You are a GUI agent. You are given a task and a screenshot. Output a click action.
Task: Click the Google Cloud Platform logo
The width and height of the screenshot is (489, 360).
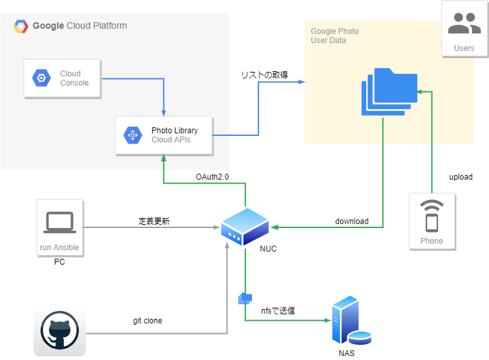[22, 26]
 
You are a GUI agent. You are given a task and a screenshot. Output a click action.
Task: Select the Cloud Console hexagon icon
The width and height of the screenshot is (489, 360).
[41, 78]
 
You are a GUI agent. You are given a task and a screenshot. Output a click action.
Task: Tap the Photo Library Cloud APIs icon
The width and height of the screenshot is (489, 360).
[133, 135]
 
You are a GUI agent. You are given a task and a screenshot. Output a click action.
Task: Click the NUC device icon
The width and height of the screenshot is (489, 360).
[245, 226]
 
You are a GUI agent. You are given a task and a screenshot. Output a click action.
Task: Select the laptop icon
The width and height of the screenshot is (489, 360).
[60, 223]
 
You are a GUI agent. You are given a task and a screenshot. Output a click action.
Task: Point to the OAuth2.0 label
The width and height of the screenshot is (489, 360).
[212, 177]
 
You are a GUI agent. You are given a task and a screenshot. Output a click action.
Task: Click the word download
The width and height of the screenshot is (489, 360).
[352, 221]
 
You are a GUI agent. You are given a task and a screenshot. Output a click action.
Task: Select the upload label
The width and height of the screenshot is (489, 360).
[460, 177]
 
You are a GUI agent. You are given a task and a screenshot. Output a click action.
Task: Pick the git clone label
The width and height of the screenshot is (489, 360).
[147, 321]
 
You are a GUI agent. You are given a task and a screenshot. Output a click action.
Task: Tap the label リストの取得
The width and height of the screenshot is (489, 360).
[264, 75]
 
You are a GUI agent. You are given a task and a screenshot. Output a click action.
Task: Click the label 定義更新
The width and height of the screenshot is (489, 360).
[154, 221]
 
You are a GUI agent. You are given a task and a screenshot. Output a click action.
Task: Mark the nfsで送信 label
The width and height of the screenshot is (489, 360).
[277, 310]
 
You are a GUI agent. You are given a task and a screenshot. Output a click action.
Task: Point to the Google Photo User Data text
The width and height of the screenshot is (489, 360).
[334, 36]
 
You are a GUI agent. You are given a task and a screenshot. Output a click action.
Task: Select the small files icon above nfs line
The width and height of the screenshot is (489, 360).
[245, 299]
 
